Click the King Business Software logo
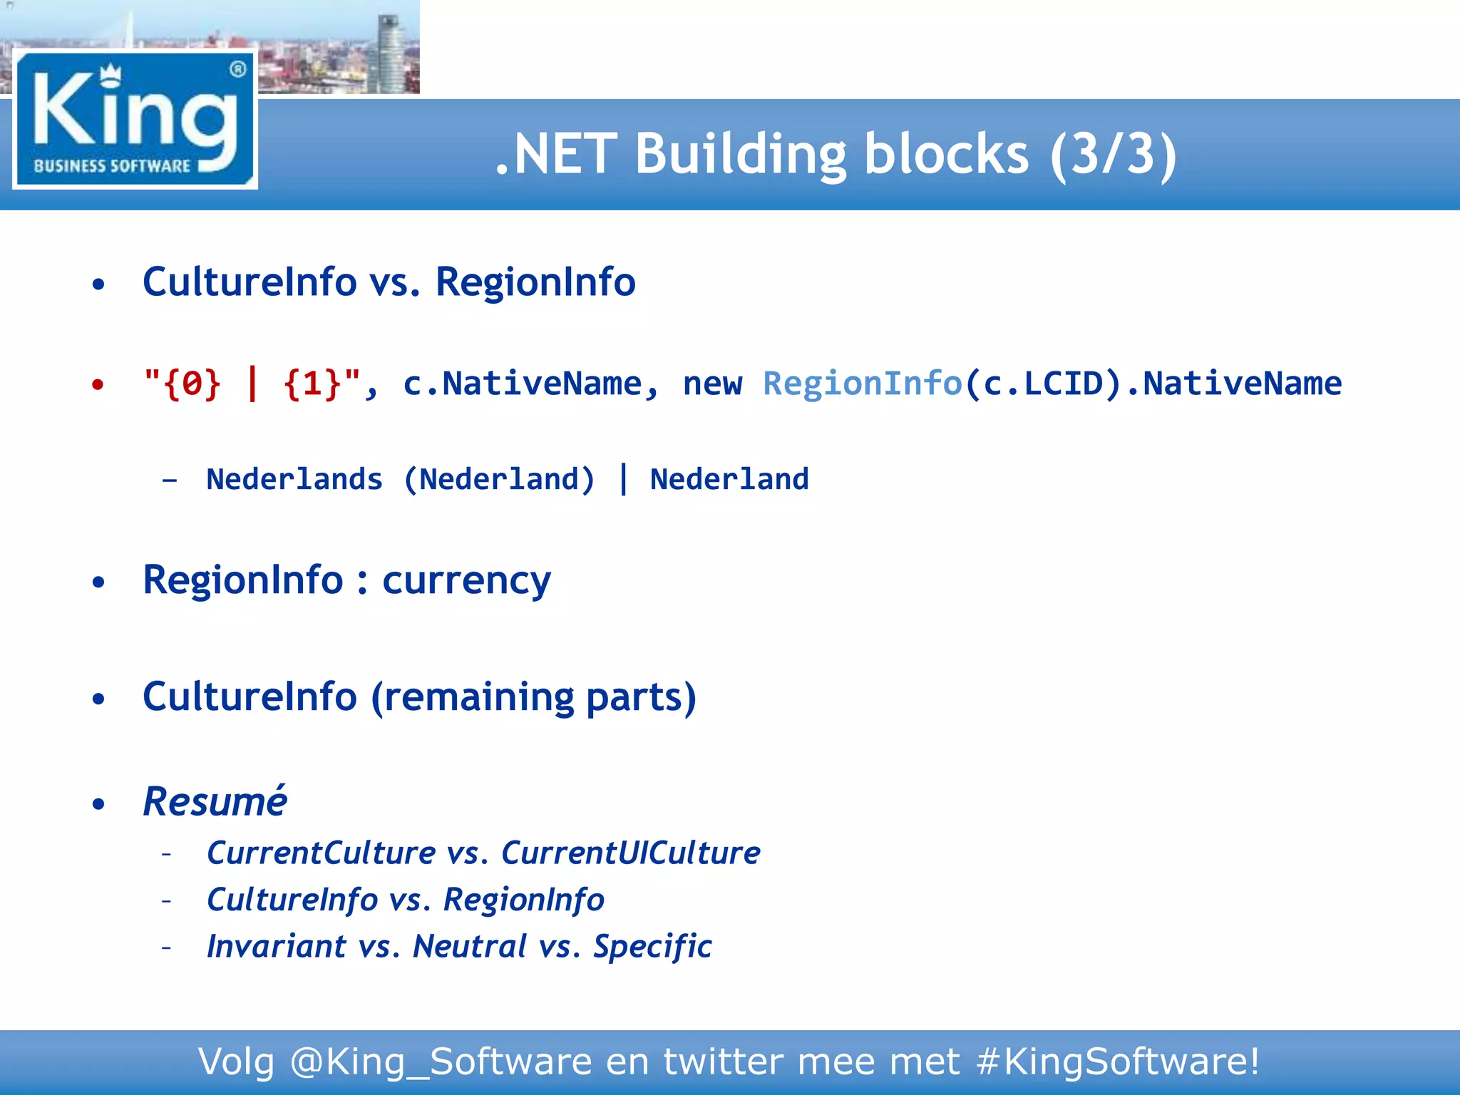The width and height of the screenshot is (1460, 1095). [x=135, y=120]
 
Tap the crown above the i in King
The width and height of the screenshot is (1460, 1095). [x=110, y=73]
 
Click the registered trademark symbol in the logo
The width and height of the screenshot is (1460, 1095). [x=237, y=69]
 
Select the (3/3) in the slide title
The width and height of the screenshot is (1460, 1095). [x=1113, y=154]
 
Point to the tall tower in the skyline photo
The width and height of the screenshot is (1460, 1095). [x=390, y=53]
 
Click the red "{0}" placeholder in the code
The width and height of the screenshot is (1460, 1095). [x=192, y=384]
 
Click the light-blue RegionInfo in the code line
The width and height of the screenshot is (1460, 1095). [x=863, y=384]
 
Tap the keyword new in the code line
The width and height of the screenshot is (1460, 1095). [x=712, y=384]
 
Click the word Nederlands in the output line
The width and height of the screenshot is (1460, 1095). [x=294, y=479]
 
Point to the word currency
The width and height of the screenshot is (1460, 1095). [x=466, y=580]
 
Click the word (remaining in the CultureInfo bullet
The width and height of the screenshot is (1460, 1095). [x=471, y=697]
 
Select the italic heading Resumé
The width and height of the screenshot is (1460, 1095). [x=215, y=801]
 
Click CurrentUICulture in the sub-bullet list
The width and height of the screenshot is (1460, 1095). [x=630, y=853]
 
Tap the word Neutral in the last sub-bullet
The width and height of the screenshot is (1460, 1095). [x=470, y=947]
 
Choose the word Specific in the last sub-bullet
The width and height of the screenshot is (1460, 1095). [x=652, y=947]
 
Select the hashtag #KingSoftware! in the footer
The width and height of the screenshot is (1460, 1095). [x=1117, y=1061]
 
